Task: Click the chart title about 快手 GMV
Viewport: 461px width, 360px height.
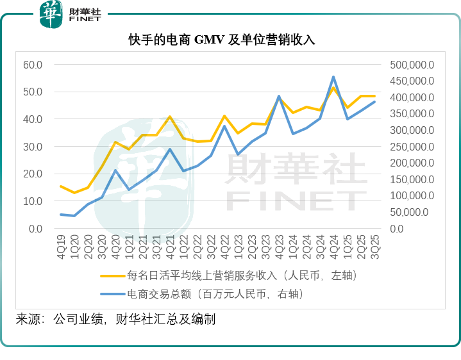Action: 230,40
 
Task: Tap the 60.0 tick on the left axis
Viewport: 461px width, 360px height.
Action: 33,65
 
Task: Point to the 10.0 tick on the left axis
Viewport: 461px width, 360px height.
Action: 33,201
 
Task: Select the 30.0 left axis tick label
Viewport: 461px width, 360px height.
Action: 33,147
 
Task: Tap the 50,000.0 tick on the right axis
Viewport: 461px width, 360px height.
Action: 414,212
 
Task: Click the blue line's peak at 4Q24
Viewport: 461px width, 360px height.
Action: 333,77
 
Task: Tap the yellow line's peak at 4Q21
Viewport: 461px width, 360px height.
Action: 170,117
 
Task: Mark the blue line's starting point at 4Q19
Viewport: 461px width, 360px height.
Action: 61,215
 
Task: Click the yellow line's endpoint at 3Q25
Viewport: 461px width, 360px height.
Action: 374,96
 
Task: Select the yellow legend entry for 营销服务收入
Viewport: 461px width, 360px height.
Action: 228,276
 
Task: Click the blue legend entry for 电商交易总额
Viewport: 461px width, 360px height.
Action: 214,294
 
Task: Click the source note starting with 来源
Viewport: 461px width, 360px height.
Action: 115,319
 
